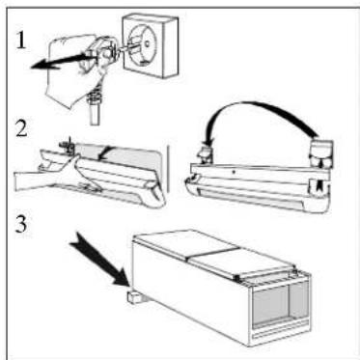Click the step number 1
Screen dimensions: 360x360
click(x=21, y=41)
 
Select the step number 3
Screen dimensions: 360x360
click(x=21, y=224)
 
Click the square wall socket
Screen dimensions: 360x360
click(x=150, y=45)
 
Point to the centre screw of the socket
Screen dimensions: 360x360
click(x=147, y=43)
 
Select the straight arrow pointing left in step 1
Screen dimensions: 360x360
click(x=61, y=61)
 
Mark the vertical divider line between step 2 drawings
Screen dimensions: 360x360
click(x=168, y=169)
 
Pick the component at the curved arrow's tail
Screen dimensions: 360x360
click(x=320, y=153)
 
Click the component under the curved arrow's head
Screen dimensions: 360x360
click(x=206, y=154)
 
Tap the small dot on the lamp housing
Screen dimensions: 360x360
click(x=234, y=173)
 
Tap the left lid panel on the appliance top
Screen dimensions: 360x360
click(x=186, y=243)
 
